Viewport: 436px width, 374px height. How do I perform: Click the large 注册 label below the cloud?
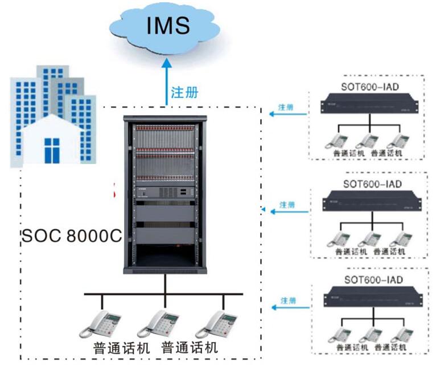(x=185, y=92)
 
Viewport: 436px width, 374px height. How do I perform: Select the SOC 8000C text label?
(x=71, y=236)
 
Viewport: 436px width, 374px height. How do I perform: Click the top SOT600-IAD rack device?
(x=369, y=105)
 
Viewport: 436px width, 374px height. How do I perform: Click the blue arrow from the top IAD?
(x=287, y=114)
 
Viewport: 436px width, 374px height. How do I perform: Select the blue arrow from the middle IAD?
(x=287, y=212)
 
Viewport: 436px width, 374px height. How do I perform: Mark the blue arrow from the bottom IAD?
(x=287, y=308)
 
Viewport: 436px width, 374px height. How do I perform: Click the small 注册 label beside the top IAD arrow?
(x=286, y=107)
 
